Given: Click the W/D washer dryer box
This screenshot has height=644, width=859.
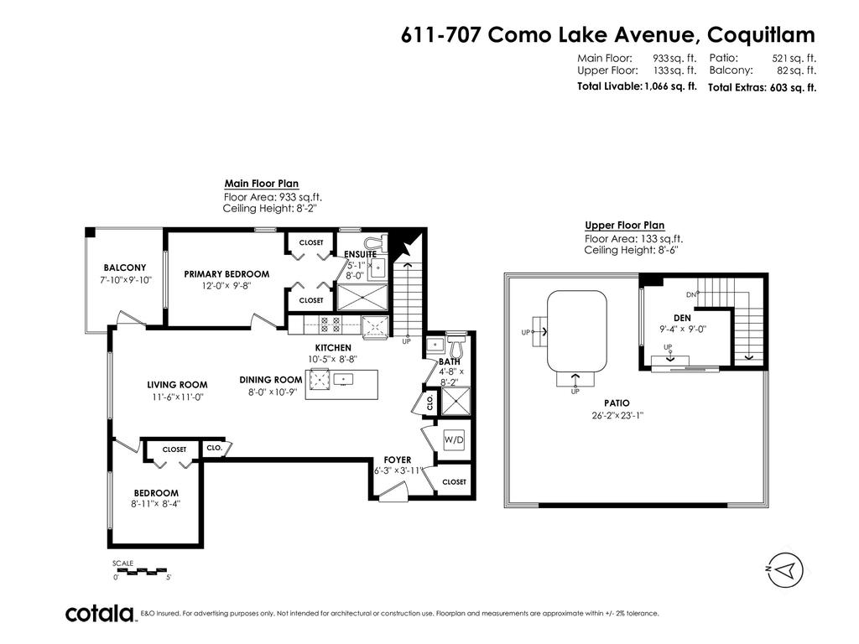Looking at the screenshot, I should pos(454,439).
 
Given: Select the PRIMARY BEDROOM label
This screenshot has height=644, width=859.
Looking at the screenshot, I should pos(226,274).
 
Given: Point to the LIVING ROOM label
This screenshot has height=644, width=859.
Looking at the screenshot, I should pos(177,386).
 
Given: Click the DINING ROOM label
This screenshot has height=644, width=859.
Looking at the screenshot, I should pos(270,380).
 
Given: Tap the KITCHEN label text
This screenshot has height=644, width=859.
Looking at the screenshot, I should pos(333,347).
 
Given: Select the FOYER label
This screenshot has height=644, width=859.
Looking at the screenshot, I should pos(398,460).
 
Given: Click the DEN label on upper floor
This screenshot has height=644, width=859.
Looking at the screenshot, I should pos(682,318).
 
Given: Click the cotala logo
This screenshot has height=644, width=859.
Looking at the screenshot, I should pos(101,614).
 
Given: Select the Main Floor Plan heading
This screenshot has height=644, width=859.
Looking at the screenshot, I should pos(261,184).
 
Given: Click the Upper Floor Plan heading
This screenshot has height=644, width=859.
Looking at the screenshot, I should pos(624,225).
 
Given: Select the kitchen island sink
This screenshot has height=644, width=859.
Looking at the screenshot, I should pos(344,380).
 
